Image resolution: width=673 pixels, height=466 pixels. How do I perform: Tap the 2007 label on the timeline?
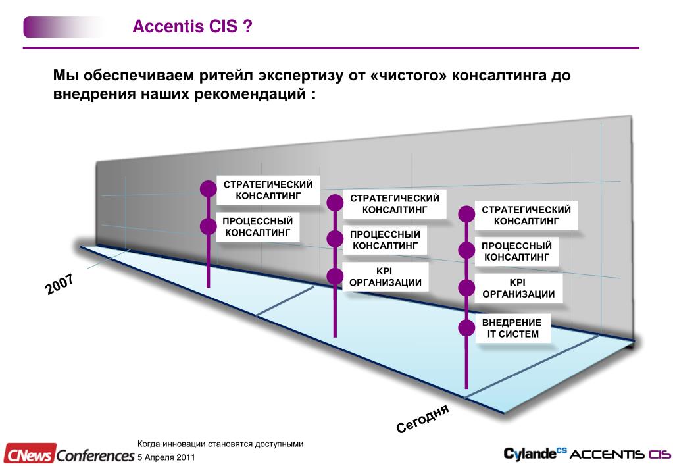click(60, 284)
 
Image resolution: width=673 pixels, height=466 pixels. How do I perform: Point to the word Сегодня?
click(422, 419)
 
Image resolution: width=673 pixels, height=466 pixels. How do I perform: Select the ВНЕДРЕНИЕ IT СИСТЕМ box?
click(512, 328)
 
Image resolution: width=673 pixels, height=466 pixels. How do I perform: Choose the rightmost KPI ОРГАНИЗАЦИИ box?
click(518, 288)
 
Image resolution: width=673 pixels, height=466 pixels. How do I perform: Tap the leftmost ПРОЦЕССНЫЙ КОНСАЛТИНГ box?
click(257, 226)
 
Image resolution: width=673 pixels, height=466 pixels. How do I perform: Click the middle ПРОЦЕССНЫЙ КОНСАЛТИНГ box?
click(385, 240)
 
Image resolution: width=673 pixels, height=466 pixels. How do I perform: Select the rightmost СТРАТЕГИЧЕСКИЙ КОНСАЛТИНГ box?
click(526, 215)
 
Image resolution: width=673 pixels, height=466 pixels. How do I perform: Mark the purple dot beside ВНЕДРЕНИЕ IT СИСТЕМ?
click(466, 327)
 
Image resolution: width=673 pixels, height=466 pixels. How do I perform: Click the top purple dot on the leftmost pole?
click(208, 188)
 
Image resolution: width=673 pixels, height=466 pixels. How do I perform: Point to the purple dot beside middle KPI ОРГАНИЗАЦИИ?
click(335, 276)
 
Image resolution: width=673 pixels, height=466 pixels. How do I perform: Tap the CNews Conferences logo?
click(68, 454)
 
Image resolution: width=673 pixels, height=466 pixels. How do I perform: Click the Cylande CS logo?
click(534, 453)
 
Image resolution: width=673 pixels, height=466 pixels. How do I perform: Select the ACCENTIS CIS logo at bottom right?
click(618, 454)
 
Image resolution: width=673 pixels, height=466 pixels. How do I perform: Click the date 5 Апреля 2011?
click(166, 457)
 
